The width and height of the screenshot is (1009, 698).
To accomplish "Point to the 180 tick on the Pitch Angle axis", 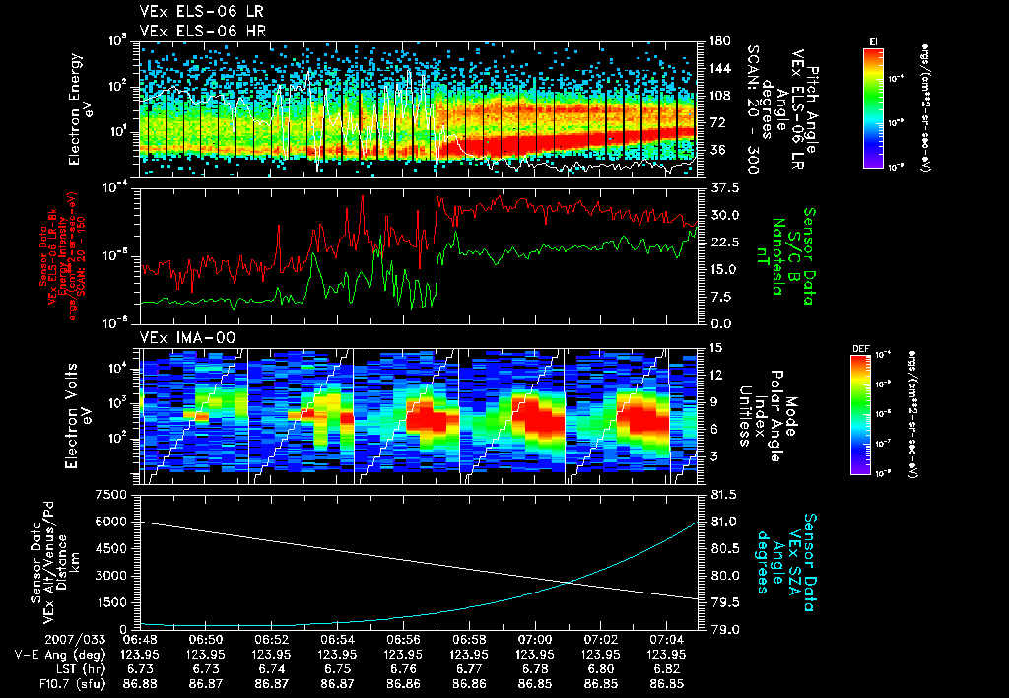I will pos(714,41).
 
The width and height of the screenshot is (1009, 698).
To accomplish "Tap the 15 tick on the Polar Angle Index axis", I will pos(714,347).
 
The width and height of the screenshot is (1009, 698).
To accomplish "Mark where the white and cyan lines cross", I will pos(570,582).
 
